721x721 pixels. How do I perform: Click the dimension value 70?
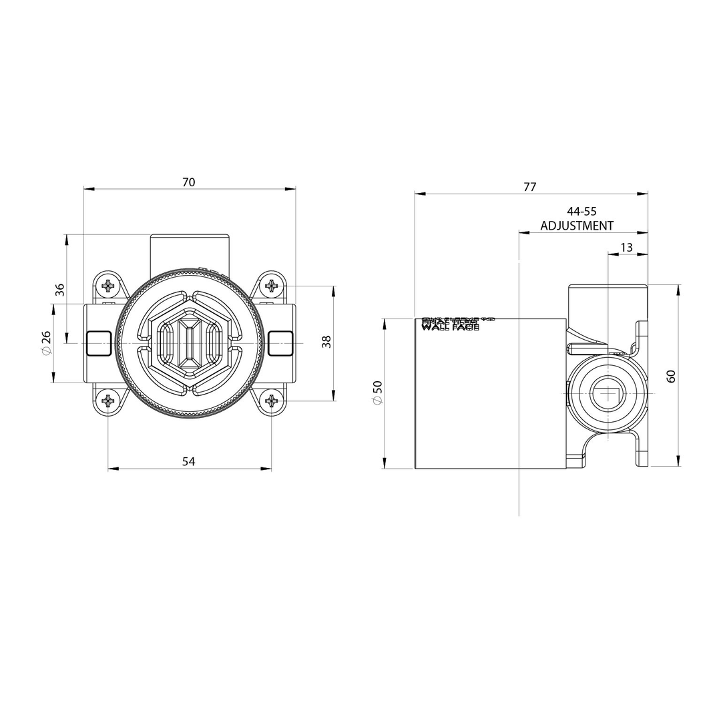188,182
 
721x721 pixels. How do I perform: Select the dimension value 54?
188,461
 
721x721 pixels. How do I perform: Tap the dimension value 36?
60,289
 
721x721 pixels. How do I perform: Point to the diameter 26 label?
46,342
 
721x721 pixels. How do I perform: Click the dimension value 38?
326,342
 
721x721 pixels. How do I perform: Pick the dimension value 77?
529,187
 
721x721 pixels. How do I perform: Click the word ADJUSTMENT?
577,226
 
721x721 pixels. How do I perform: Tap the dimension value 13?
626,248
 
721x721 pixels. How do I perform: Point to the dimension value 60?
671,375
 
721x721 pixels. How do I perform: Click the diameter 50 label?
378,393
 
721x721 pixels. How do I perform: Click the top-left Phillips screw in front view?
108,286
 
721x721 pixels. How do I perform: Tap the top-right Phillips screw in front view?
271,286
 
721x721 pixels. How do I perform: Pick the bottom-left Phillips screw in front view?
108,401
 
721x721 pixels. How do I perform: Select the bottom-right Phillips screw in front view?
271,401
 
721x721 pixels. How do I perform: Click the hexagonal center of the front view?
190,343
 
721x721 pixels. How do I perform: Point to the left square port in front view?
98,343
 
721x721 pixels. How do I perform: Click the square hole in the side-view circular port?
608,393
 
